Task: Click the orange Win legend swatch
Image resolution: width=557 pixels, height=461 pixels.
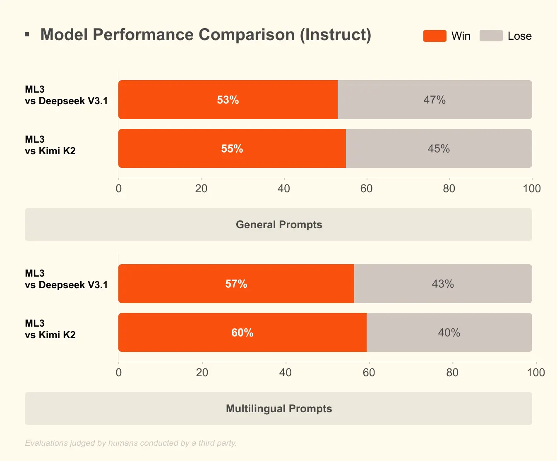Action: pos(435,36)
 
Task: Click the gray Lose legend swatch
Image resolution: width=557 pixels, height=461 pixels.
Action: pos(491,36)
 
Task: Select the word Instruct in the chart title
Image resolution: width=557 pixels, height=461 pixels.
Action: pos(335,35)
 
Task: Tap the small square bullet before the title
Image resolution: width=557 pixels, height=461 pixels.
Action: pos(27,35)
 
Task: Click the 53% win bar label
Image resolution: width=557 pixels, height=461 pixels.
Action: pos(228,100)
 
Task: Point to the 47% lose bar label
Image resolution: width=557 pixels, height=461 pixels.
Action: pos(435,100)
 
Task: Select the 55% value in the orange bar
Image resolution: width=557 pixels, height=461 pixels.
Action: pos(232,149)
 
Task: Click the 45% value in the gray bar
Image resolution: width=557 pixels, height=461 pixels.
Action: pos(439,149)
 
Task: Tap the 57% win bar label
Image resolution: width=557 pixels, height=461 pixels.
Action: pos(236,284)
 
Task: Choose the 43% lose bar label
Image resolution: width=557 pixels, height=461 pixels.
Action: pos(443,284)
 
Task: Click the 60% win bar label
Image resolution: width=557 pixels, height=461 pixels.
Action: pos(242,333)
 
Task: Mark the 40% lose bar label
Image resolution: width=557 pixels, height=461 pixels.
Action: pos(449,333)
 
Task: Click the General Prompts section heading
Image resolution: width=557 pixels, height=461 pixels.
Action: pos(278,225)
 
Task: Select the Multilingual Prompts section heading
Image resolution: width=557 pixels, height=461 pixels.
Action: pos(278,408)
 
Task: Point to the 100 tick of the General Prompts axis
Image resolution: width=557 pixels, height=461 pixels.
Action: pos(532,189)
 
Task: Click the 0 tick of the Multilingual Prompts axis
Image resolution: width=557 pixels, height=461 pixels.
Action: pos(119,373)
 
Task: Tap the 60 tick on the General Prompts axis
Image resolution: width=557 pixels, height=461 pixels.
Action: pos(366,189)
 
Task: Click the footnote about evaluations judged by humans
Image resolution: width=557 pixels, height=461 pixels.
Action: pos(131,443)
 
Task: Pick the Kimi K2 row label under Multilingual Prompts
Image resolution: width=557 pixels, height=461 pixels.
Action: pos(50,329)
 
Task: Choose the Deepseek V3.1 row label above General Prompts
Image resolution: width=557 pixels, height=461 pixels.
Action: pos(66,95)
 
